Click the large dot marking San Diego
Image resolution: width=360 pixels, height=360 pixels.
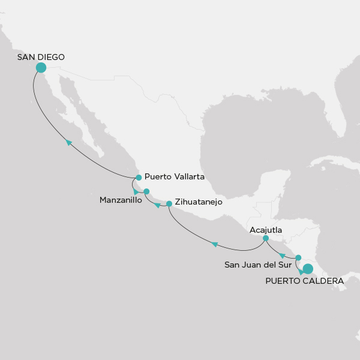tap(41, 68)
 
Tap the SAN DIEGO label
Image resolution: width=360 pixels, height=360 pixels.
tap(41, 57)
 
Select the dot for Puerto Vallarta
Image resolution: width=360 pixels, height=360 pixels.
tap(139, 178)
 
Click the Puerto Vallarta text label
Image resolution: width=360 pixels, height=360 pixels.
tap(175, 178)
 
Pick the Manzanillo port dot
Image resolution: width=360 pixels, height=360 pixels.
tap(146, 191)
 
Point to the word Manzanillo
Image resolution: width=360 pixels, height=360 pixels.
tap(121, 201)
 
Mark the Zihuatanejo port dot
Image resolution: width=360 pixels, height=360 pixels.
tap(169, 203)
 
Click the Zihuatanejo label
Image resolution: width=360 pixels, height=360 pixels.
tap(199, 203)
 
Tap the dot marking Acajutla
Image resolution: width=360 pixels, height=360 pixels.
tap(266, 238)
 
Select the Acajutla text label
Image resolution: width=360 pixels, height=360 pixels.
tap(266, 229)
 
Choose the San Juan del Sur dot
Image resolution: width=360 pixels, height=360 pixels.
tap(298, 257)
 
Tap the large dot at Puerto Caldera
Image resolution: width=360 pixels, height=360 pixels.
tap(308, 268)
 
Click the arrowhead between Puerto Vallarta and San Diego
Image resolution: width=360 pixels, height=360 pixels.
tap(69, 142)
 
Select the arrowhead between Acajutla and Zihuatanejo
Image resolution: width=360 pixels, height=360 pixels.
tap(215, 244)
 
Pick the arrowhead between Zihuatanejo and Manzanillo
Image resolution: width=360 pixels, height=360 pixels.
tap(157, 206)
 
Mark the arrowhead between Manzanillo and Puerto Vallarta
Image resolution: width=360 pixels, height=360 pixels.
tap(136, 191)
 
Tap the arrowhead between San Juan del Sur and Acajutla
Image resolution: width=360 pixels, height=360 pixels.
tap(282, 256)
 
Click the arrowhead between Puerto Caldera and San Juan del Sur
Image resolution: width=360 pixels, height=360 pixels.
tap(301, 272)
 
